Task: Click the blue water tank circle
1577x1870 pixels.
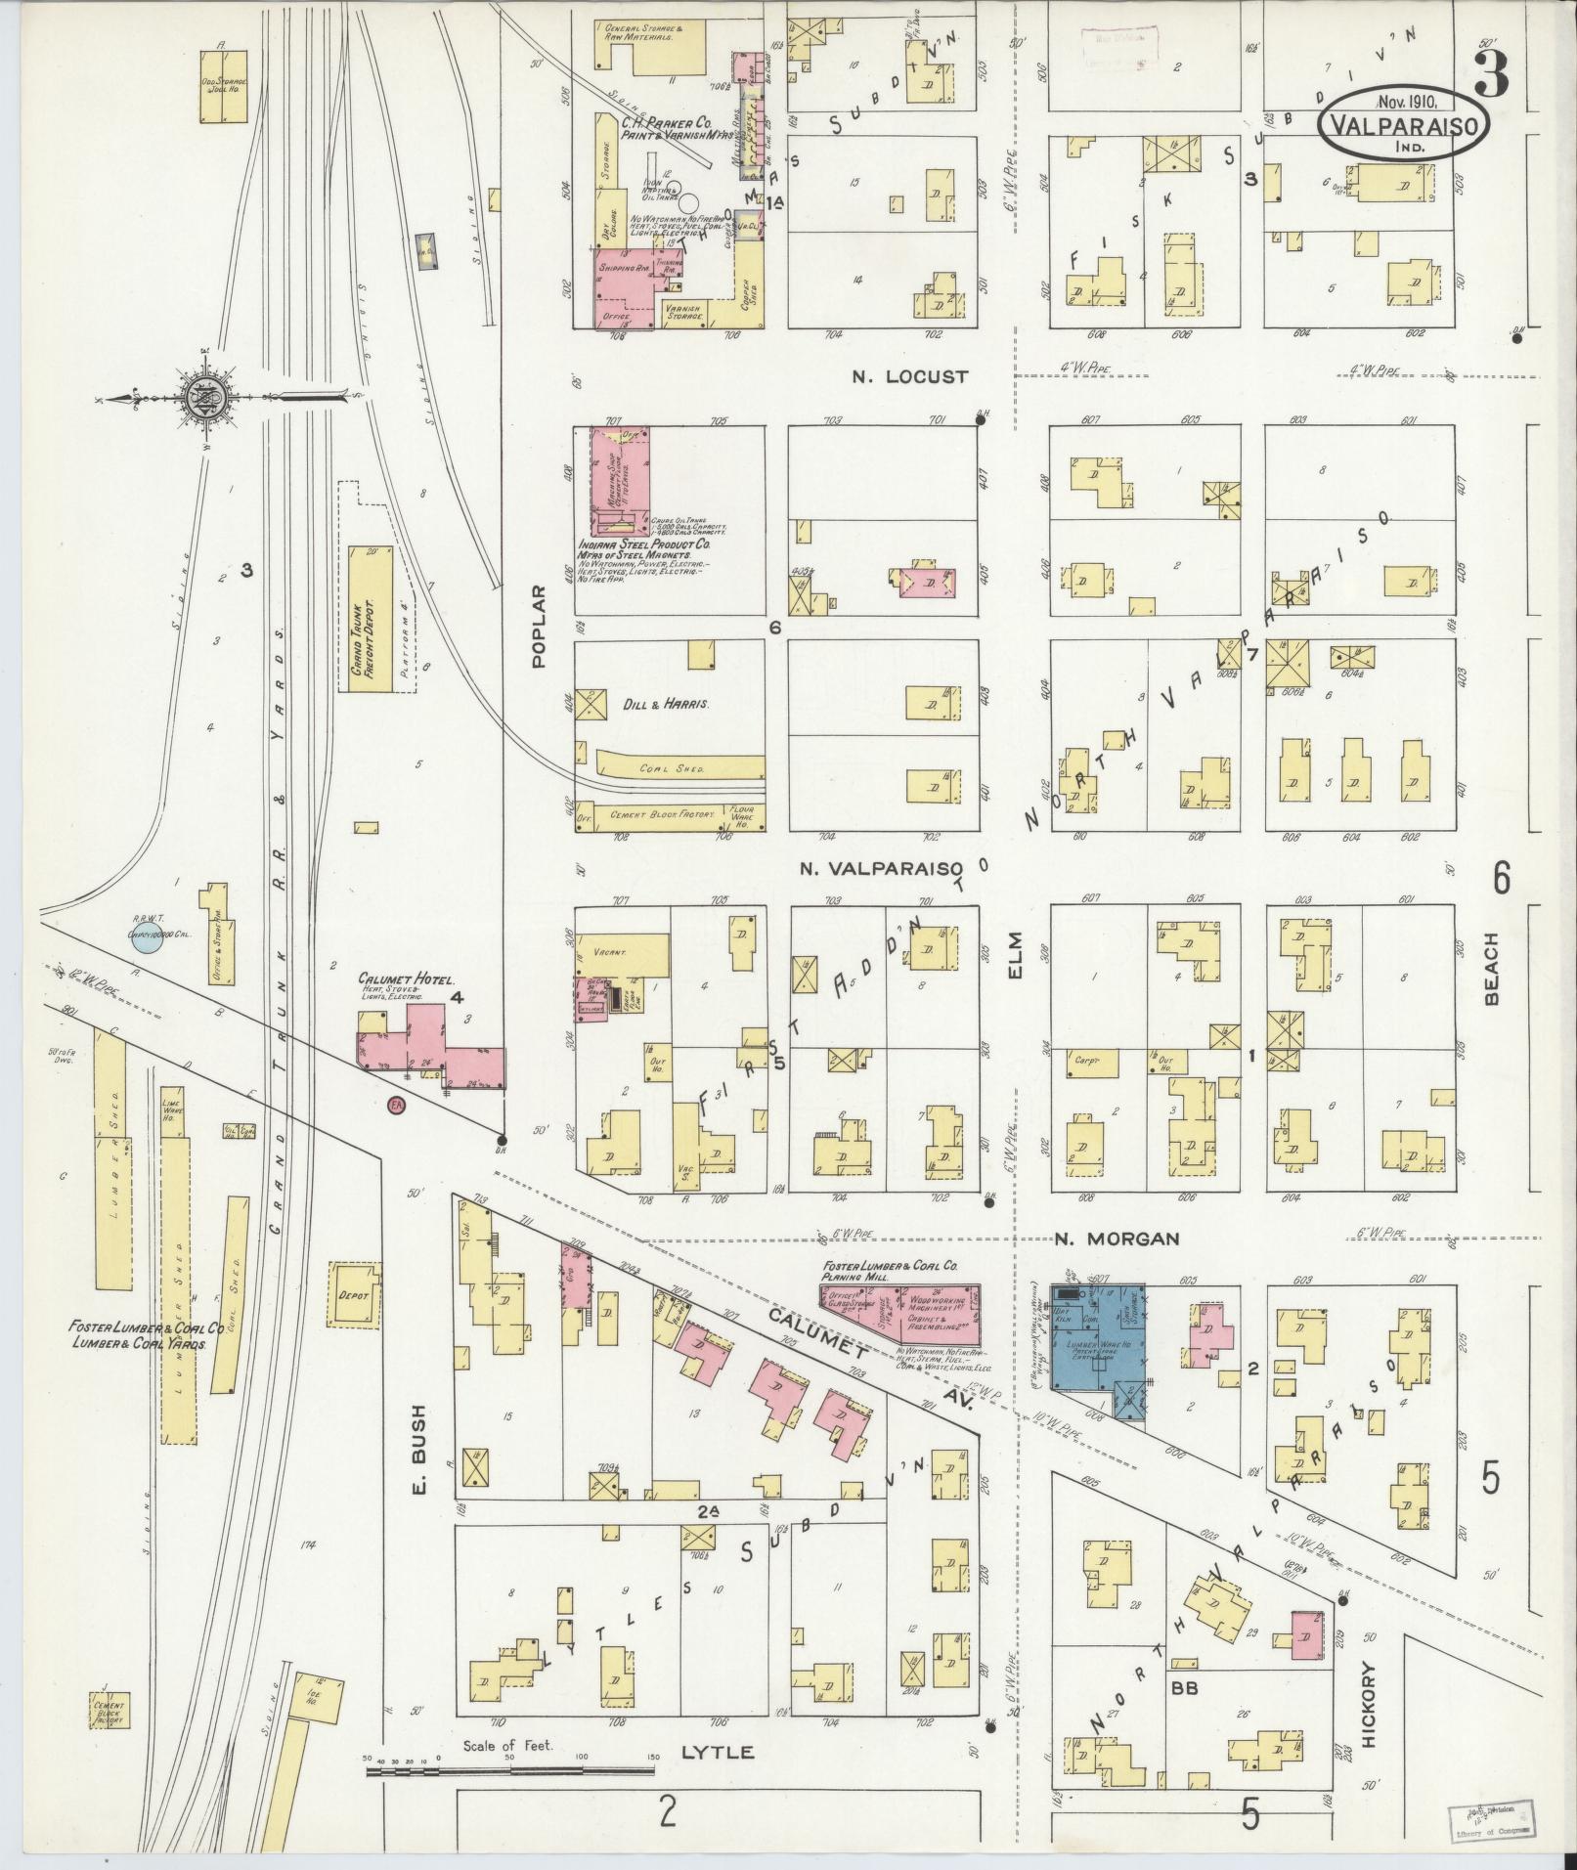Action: click(146, 941)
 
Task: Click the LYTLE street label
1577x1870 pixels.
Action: click(718, 1753)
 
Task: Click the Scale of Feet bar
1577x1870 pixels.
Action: click(508, 1768)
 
